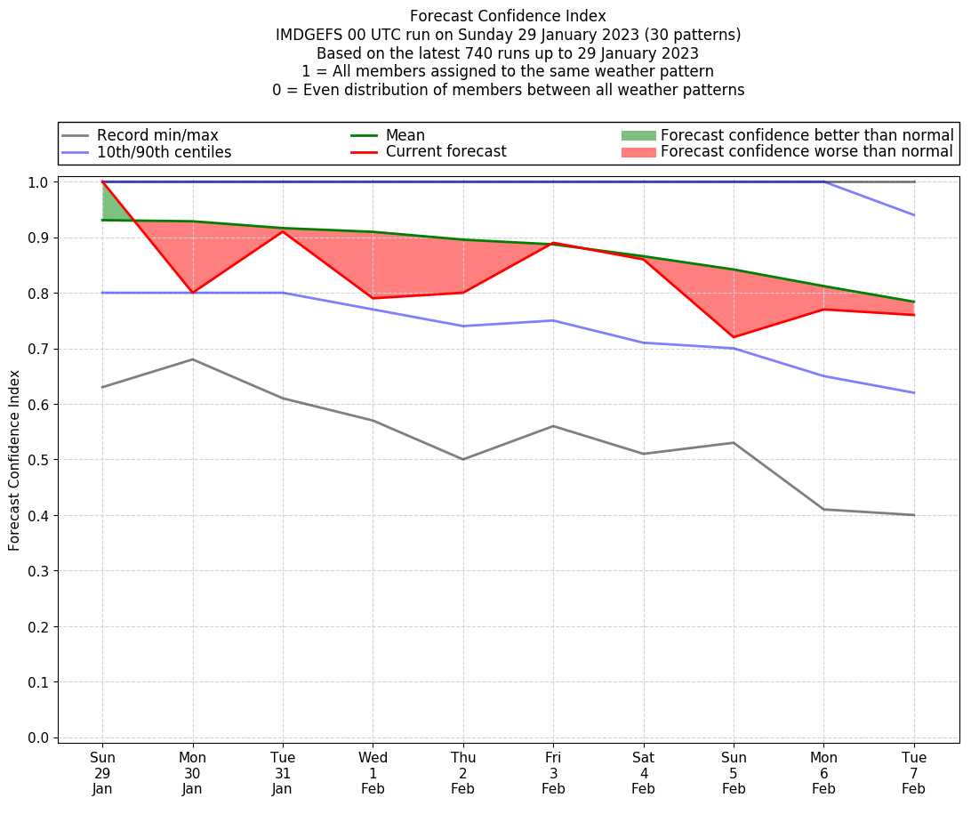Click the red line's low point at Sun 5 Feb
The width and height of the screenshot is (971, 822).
pyautogui.click(x=734, y=337)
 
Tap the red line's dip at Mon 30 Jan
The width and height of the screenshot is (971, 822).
pyautogui.click(x=193, y=293)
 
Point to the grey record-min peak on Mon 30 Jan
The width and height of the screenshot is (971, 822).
pyautogui.click(x=193, y=359)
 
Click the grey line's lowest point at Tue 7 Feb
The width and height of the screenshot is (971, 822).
pyautogui.click(x=914, y=515)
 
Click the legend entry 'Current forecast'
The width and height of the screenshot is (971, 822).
pyautogui.click(x=445, y=152)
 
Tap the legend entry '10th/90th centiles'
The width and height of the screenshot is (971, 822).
pyautogui.click(x=164, y=152)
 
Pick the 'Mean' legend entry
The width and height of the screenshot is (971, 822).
pyautogui.click(x=405, y=135)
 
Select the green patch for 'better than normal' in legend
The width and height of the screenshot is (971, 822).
pyautogui.click(x=638, y=135)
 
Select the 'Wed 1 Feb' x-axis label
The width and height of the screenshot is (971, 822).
pyautogui.click(x=373, y=773)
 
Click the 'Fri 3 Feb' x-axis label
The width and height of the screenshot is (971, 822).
pyautogui.click(x=553, y=773)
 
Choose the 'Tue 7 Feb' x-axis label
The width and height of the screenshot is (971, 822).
pyautogui.click(x=914, y=773)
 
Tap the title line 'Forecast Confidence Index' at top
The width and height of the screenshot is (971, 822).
pyautogui.click(x=508, y=16)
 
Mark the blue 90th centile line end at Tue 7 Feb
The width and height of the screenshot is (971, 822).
pyautogui.click(x=914, y=215)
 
